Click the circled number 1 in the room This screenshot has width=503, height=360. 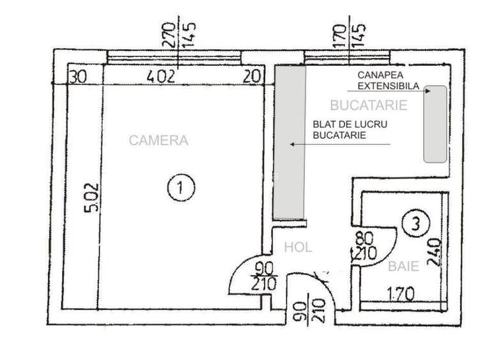pos(182,187)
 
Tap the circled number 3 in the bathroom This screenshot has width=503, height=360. pos(415,223)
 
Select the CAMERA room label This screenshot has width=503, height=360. pos(159,141)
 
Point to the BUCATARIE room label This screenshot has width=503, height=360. pos(369,106)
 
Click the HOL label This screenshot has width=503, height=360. pos(298,247)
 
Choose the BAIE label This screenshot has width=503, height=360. pos(403,266)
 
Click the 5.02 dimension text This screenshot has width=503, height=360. pos(91,198)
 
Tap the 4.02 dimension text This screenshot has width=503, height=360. pos(161,77)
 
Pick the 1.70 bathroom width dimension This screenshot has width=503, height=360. pos(401,293)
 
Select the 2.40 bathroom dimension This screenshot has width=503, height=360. pos(435,252)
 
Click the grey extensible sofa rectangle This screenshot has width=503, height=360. pos(435,124)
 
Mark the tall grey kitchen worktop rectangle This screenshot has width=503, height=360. pos(290,143)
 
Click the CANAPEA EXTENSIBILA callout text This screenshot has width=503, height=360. pos(389,81)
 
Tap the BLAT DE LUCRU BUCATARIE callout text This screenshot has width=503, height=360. pos(350,130)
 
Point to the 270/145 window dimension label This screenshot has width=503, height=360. pos(179,35)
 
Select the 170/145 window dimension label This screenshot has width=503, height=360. pos(349,35)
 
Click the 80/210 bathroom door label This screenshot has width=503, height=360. pos(364,246)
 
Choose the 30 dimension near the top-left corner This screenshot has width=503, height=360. pos(78,77)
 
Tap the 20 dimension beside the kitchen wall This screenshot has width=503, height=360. pos(252,77)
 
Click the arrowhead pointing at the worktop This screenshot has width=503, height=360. pos(292,145)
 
